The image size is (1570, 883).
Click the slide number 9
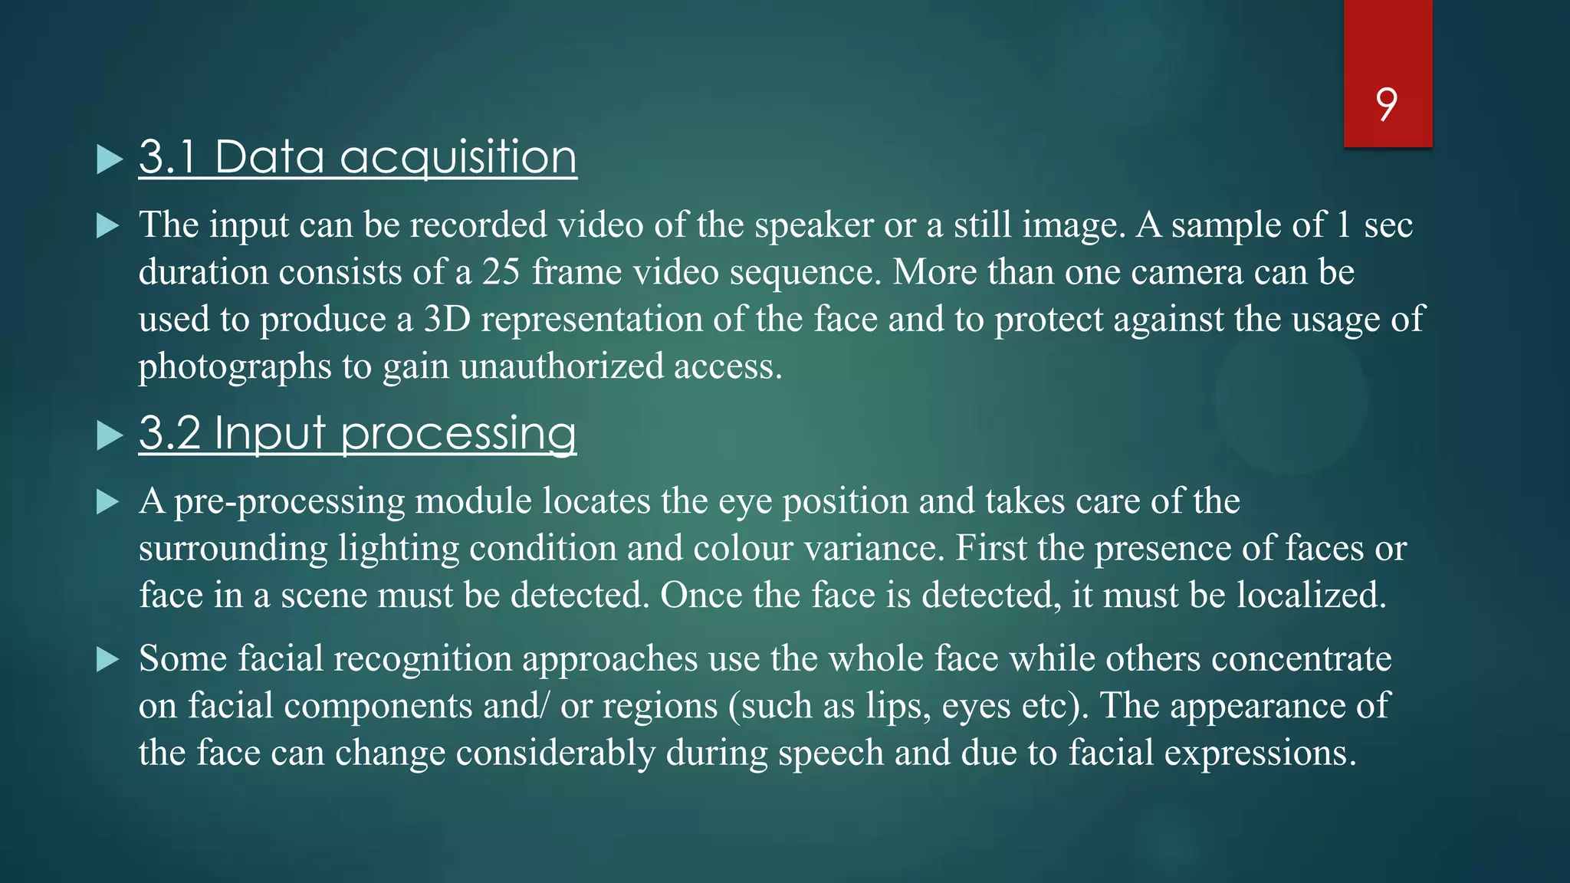[1386, 104]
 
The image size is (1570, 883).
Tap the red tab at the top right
[1388, 46]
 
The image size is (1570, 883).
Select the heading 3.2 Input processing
[357, 433]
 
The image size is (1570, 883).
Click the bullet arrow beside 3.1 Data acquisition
[110, 159]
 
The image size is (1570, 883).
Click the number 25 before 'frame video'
[501, 272]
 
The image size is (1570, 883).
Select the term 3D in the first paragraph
[447, 319]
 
